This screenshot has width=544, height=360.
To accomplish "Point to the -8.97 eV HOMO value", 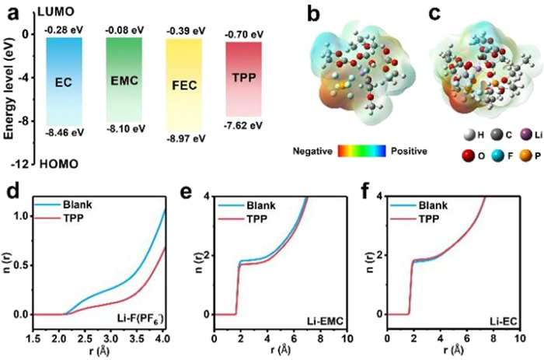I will point(186,138).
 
